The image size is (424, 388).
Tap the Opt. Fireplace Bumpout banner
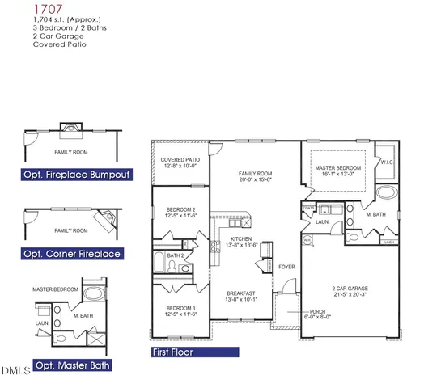tap(76, 174)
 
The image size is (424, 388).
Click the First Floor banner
tap(195, 352)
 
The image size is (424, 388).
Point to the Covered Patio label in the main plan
tap(180, 160)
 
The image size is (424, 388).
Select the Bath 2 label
tap(176, 256)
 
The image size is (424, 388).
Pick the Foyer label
tap(287, 265)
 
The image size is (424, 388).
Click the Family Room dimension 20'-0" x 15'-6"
tap(254, 180)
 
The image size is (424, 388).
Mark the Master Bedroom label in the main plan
tap(337, 167)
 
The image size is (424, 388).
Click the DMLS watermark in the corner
tap(16, 370)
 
